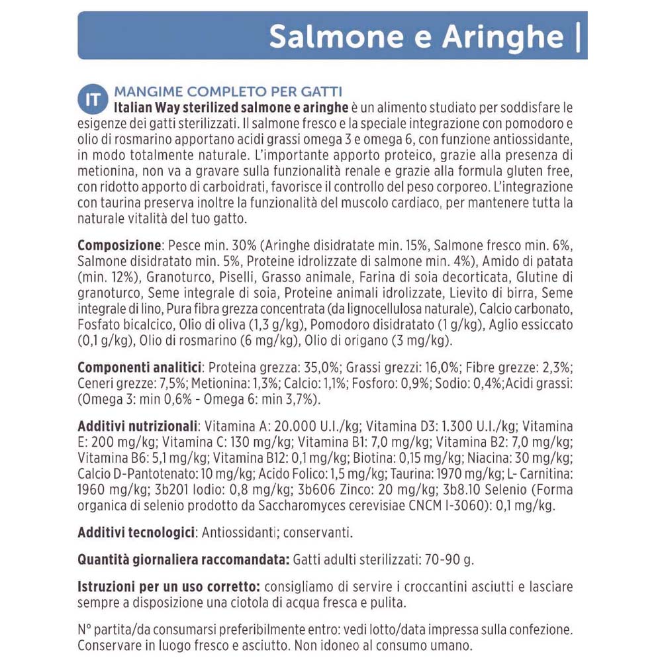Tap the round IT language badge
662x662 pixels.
click(92, 99)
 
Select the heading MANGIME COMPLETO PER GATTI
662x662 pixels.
click(228, 91)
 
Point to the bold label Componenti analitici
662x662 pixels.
click(139, 367)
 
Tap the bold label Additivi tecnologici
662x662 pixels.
click(136, 533)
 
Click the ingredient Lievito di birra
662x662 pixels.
click(489, 292)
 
